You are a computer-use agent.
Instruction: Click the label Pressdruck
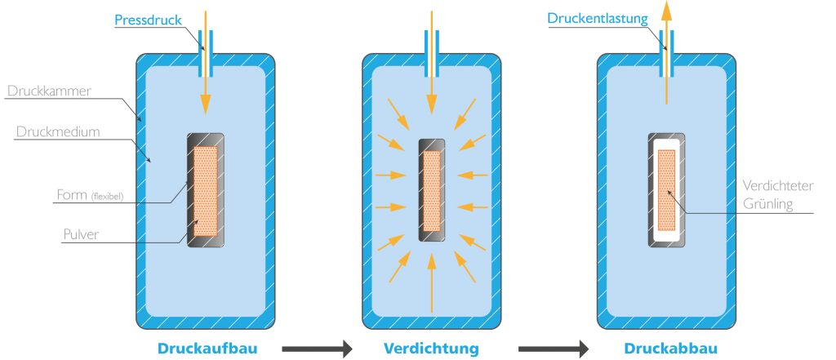(x=149, y=20)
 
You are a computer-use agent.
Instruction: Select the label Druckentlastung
(x=597, y=20)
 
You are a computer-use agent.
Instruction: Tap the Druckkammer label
(x=50, y=91)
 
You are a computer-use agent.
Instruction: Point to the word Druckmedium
(x=58, y=131)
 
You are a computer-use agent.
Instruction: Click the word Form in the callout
(x=72, y=194)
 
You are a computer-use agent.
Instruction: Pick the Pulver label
(x=81, y=234)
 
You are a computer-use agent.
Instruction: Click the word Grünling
(x=767, y=204)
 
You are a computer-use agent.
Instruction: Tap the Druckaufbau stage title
(x=207, y=349)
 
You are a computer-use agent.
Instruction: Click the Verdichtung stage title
(x=431, y=349)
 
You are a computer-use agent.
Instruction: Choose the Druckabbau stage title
(x=671, y=349)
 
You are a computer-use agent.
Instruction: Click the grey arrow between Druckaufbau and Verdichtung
(x=318, y=349)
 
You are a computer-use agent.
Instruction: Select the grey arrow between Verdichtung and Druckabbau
(x=554, y=349)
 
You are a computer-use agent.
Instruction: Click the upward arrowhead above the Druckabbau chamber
(x=666, y=10)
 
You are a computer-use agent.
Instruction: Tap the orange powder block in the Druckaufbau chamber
(x=205, y=191)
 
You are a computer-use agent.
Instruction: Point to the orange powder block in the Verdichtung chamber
(x=432, y=191)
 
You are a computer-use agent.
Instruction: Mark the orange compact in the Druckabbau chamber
(x=666, y=190)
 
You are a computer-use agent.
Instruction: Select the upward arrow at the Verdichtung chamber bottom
(x=432, y=282)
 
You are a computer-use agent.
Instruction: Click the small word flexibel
(x=107, y=196)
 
